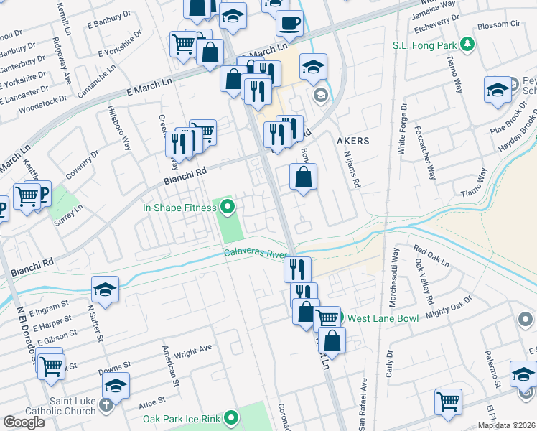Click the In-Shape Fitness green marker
228,208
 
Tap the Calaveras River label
255,253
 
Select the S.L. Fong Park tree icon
468,45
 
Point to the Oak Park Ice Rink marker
231,417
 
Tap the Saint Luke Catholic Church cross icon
106,404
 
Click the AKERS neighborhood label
353,141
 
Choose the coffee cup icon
290,22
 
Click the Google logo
24,422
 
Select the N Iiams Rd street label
352,169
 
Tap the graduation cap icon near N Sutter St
106,290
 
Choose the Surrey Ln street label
69,215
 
